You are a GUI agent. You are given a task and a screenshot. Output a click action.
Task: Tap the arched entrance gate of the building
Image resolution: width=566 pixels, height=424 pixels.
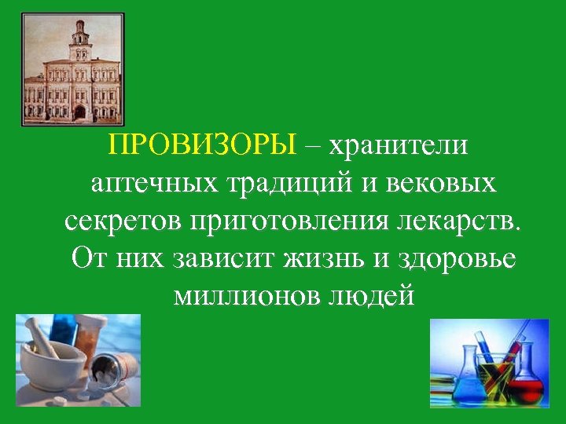tap(79, 111)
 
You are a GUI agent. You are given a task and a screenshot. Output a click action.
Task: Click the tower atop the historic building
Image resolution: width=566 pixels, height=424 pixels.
tap(79, 39)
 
